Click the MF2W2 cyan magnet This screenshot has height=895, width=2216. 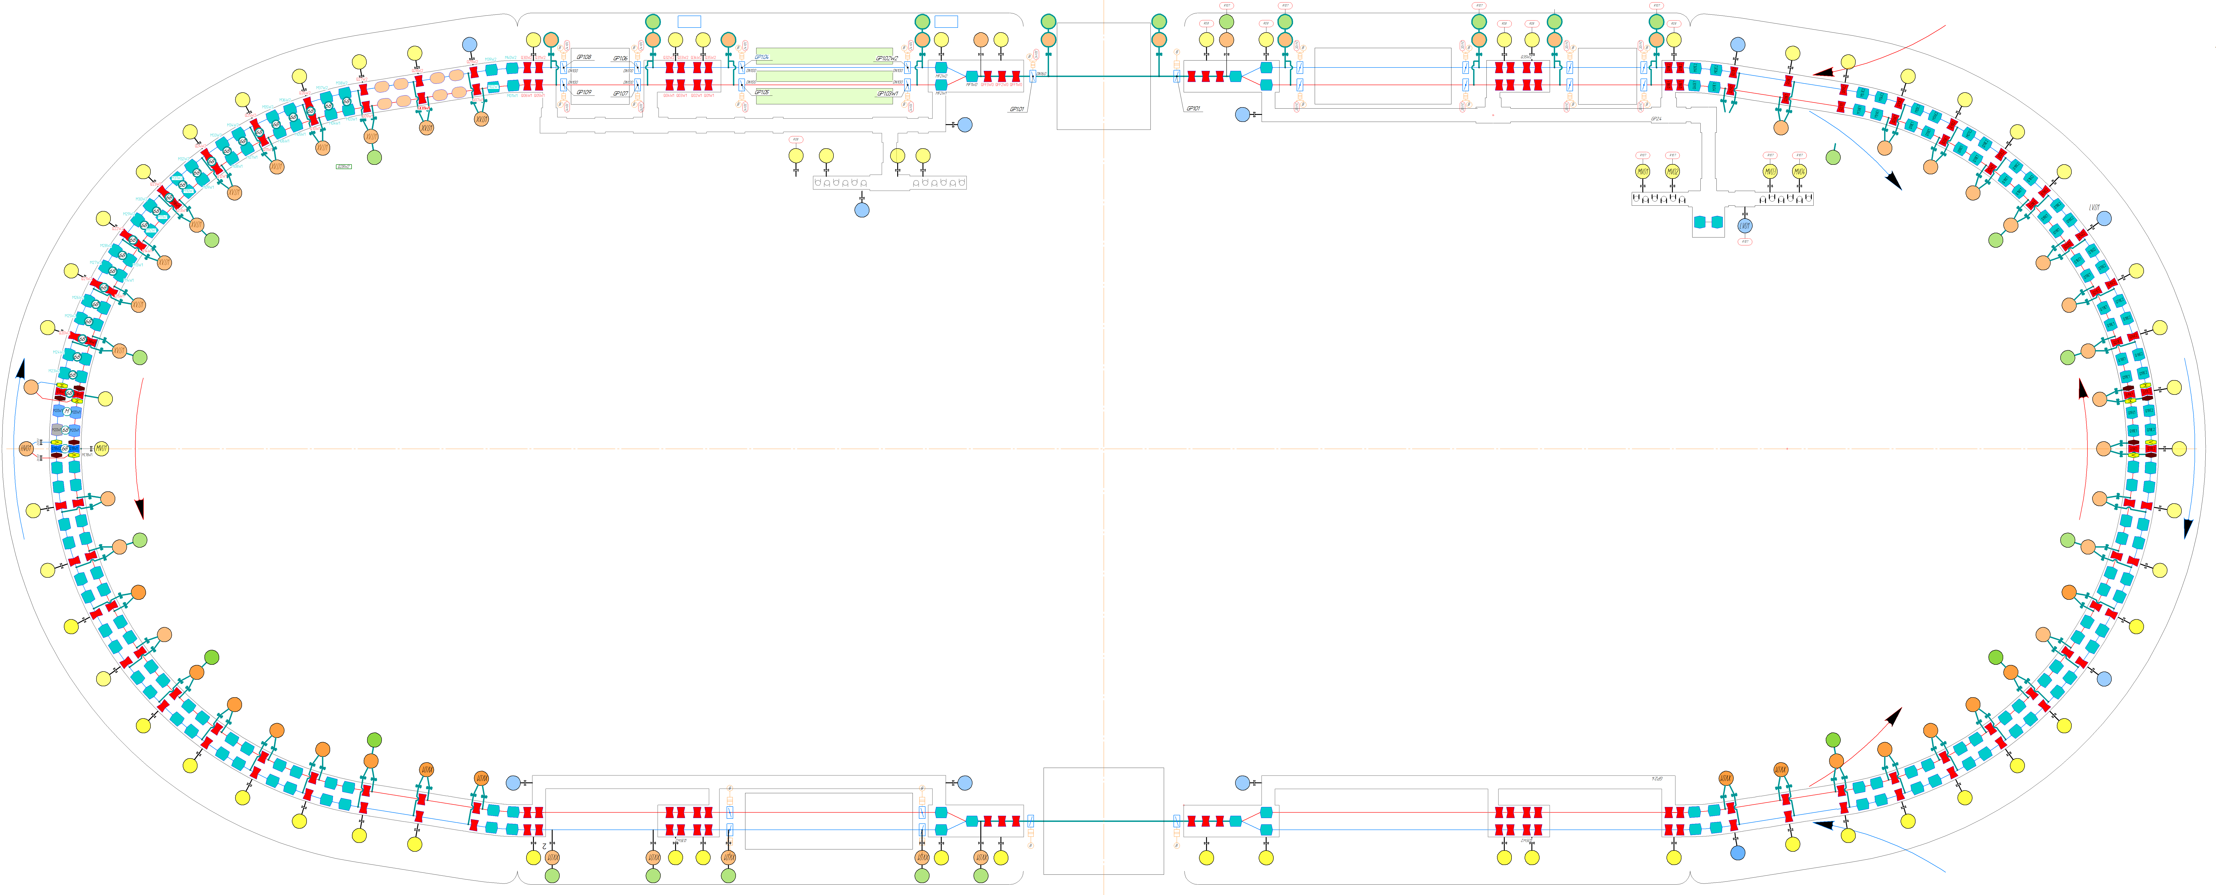941,67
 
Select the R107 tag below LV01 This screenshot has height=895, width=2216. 1745,242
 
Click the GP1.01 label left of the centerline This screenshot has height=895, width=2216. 1017,109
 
